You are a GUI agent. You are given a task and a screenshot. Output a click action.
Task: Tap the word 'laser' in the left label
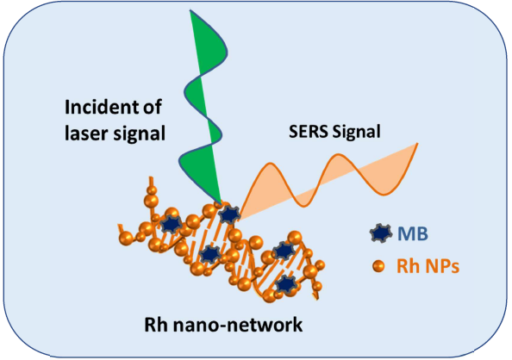[x=85, y=133]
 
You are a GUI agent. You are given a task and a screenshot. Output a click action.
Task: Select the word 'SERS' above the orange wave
[x=308, y=132]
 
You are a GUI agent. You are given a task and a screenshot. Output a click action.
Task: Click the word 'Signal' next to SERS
[x=356, y=132]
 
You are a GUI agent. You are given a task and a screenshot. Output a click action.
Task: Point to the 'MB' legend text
[x=412, y=233]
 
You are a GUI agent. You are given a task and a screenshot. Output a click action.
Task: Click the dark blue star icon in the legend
[x=381, y=233]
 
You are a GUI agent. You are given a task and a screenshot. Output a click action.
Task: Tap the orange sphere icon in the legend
[x=378, y=266]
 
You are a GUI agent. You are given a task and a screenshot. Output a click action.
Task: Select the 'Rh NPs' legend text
[x=428, y=266]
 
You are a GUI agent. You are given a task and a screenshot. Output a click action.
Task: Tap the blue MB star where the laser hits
[x=230, y=214]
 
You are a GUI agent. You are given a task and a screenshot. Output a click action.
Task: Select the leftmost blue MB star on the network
[x=171, y=224]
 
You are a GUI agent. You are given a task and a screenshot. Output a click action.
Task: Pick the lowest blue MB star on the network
[x=286, y=284]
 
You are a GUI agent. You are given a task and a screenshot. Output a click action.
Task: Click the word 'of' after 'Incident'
[x=153, y=107]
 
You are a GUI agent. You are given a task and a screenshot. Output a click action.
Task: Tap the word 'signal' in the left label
[x=139, y=133]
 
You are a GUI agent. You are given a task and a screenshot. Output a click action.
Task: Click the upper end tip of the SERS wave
[x=418, y=143]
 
